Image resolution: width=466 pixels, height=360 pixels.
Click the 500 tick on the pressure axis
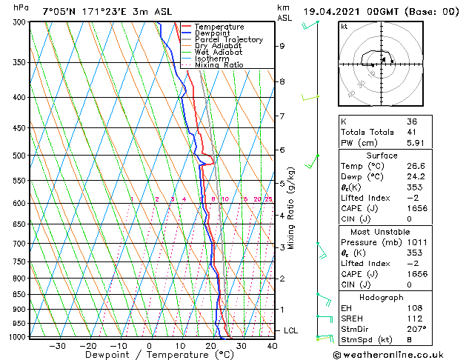point(16,156)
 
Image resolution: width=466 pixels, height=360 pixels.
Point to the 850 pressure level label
point(16,294)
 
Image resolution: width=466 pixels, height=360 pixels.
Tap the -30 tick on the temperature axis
point(56,345)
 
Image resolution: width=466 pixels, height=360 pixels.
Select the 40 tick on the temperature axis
point(272,345)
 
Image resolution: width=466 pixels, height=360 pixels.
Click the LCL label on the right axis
point(291,330)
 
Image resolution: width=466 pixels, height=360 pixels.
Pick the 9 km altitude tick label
point(282,46)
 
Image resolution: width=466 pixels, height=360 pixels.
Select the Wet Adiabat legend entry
point(218,52)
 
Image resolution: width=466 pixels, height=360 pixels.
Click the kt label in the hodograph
point(344,27)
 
